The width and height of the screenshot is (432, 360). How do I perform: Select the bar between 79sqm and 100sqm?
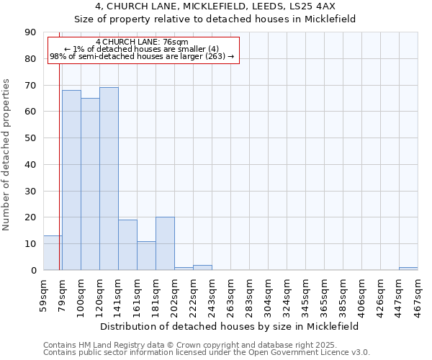tap(71, 180)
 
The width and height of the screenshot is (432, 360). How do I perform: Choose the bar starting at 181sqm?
tap(165, 243)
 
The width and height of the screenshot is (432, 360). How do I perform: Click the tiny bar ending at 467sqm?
tap(408, 269)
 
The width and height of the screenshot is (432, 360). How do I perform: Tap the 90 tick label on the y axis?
tap(30, 32)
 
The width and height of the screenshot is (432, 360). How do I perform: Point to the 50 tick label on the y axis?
tap(30, 138)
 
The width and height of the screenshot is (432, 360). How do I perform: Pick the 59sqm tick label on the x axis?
tap(44, 293)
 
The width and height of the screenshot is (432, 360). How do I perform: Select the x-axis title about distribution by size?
tap(229, 326)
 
